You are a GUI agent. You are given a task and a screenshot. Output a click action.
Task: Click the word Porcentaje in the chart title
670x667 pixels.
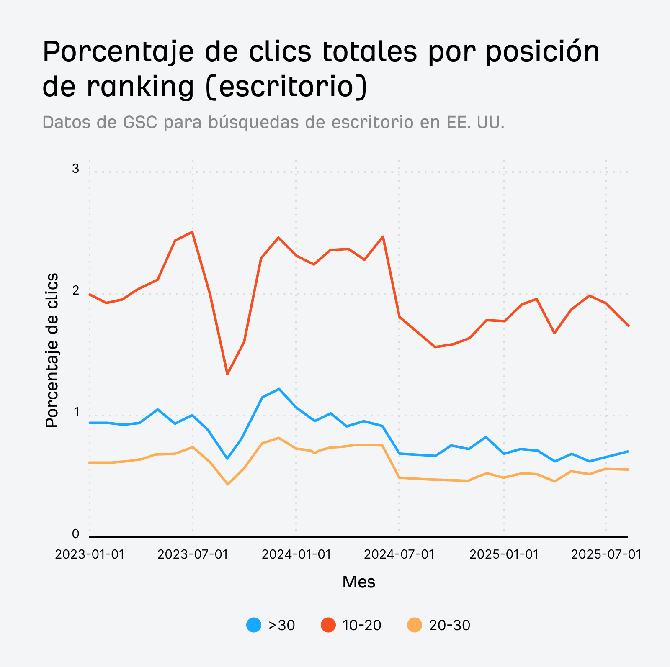[x=119, y=51]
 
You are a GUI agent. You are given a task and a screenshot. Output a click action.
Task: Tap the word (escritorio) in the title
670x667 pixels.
[x=287, y=87]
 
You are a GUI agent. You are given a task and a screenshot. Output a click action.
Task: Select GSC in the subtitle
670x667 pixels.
[x=140, y=122]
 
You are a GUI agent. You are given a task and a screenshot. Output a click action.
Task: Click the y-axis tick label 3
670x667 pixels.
[x=75, y=169]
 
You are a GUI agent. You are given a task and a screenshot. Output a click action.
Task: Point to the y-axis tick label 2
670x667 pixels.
[x=75, y=290]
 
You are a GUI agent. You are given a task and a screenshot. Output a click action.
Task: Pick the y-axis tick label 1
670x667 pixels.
[x=76, y=412]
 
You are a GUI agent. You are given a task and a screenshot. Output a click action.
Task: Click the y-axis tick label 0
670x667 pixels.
[x=75, y=534]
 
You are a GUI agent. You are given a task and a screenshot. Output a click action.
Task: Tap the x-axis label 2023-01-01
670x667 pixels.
[x=90, y=554]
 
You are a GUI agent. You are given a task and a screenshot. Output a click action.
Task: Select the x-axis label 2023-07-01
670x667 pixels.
[x=193, y=554]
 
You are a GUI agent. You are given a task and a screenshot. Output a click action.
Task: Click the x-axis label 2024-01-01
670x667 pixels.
[x=296, y=554]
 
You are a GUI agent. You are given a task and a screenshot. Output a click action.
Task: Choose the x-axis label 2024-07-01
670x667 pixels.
[x=399, y=554]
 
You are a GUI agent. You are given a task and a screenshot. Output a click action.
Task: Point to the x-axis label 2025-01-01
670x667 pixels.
[x=504, y=554]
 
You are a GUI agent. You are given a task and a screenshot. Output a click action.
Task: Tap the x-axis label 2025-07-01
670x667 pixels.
[x=606, y=554]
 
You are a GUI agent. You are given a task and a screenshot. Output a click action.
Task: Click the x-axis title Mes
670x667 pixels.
[x=358, y=582]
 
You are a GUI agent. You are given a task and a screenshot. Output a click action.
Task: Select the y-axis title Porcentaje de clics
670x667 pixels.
[x=52, y=350]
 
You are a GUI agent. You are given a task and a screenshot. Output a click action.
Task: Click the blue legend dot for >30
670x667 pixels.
[x=254, y=625]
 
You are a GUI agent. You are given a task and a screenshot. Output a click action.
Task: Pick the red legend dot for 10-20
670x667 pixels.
[x=328, y=625]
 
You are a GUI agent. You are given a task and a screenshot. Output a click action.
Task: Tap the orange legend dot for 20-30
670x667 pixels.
[x=415, y=625]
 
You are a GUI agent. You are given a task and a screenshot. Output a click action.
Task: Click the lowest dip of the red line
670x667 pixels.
[x=227, y=374]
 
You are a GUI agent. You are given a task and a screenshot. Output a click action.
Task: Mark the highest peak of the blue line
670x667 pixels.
[x=279, y=389]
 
